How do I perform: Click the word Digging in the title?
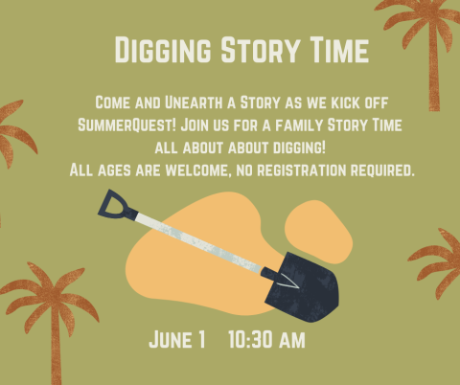[157, 50]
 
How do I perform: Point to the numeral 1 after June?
[201, 340]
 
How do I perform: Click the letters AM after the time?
[292, 340]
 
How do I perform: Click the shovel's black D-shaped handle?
[113, 204]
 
